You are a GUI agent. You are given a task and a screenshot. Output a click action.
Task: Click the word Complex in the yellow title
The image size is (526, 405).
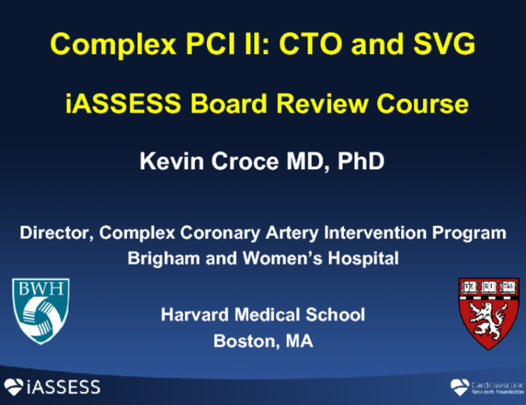pos(97,45)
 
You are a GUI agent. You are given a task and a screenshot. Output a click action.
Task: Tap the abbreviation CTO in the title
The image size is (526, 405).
pos(311,45)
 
